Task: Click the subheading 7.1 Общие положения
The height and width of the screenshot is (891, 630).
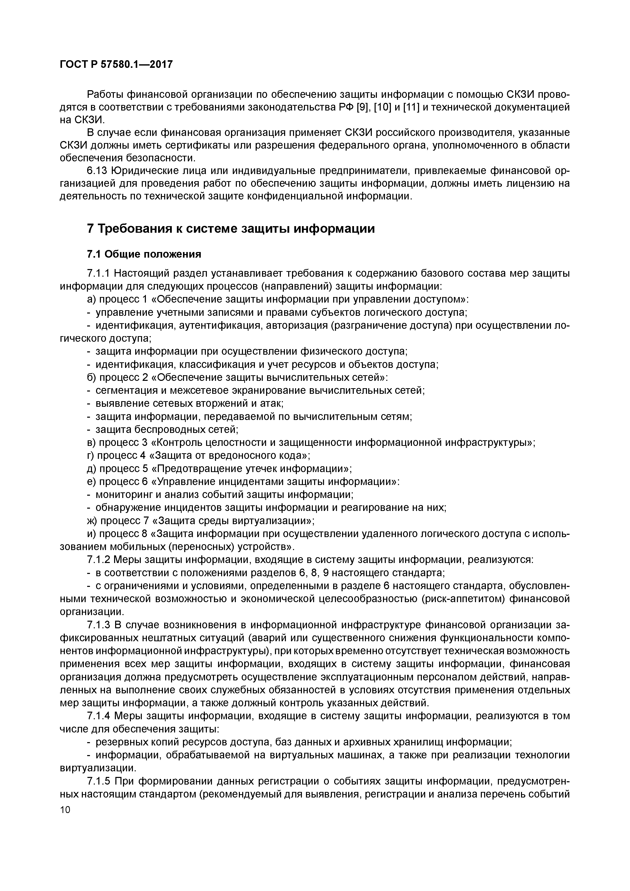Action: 144,254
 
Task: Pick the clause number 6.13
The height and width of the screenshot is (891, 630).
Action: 97,171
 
